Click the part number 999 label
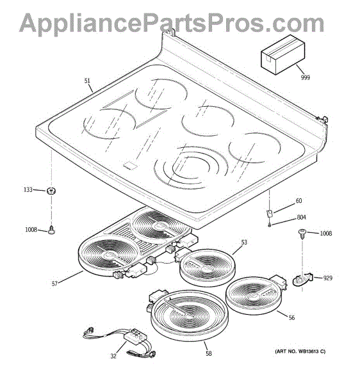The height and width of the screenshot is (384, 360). [305, 77]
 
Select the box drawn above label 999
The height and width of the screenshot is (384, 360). [282, 54]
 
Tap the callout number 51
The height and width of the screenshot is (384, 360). [87, 81]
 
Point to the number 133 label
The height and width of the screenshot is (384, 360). [28, 189]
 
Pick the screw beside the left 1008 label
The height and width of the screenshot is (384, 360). [52, 230]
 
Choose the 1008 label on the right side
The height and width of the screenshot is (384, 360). [326, 234]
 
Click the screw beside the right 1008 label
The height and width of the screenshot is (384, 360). [302, 233]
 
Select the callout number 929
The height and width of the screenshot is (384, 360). [328, 278]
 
